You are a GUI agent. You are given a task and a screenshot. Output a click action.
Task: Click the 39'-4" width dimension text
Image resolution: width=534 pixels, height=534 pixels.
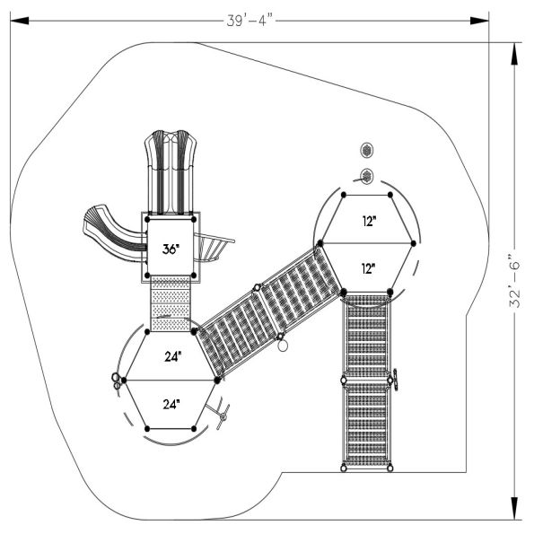click(250, 21)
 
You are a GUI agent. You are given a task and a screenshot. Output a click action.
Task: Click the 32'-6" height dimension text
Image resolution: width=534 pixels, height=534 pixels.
click(515, 285)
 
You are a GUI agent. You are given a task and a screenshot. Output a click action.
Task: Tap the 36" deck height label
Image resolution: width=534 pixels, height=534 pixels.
click(171, 249)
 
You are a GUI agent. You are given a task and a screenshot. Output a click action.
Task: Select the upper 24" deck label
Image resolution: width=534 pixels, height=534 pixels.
click(173, 356)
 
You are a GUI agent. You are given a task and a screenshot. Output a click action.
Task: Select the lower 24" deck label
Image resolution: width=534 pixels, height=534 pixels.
click(171, 404)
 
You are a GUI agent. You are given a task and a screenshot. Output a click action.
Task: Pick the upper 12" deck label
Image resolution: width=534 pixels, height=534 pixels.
click(369, 222)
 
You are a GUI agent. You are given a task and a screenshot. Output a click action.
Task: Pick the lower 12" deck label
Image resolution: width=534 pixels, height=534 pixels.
click(368, 269)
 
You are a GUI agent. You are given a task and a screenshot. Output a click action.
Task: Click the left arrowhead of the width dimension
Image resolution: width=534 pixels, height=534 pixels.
click(20, 21)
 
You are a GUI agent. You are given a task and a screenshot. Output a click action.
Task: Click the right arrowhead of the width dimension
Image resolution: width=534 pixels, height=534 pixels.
click(479, 21)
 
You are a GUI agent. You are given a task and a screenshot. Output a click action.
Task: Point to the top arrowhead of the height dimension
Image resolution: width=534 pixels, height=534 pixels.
click(514, 53)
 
